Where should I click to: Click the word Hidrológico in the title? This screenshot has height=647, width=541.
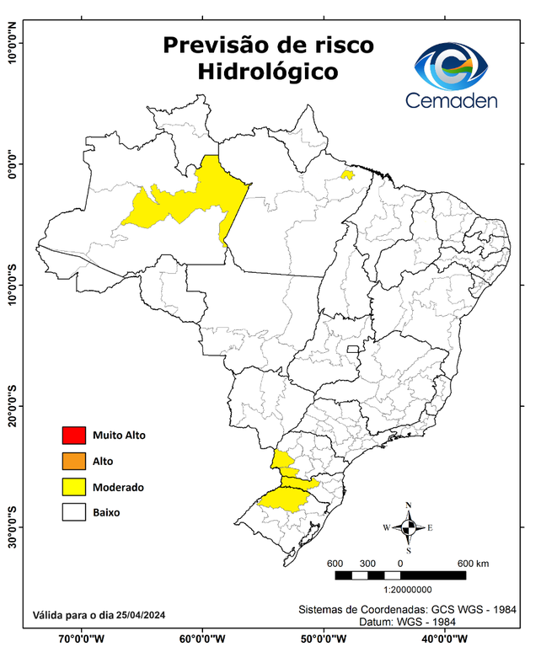(267, 72)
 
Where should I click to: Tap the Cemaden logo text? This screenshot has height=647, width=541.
(452, 100)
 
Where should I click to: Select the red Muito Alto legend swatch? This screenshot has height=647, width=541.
(73, 436)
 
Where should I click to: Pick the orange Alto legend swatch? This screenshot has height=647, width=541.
(73, 461)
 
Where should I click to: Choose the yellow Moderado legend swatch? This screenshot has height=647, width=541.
(73, 487)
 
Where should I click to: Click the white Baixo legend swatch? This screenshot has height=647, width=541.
(73, 512)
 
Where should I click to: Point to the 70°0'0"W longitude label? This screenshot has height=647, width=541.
(83, 638)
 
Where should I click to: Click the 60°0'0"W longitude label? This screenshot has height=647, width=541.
(202, 638)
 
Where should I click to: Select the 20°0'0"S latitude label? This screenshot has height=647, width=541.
(12, 405)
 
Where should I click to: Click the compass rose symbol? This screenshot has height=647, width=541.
(408, 527)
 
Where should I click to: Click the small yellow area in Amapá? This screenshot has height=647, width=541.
(346, 174)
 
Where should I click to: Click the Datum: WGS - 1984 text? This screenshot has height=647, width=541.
(410, 621)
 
